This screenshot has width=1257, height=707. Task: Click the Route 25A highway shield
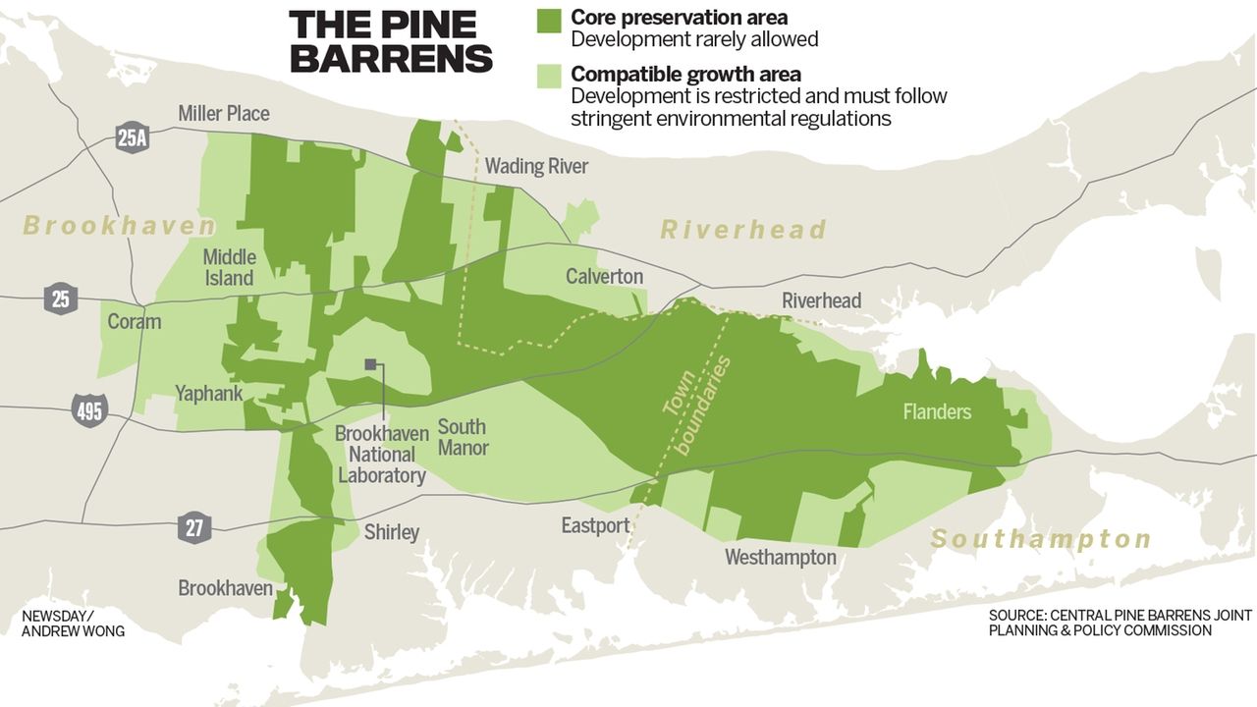tap(132, 138)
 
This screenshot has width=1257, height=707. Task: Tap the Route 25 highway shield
tap(61, 298)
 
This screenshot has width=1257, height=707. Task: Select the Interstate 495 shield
tap(89, 409)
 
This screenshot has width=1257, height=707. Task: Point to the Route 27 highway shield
tap(194, 527)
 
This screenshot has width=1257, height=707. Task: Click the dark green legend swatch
tap(548, 21)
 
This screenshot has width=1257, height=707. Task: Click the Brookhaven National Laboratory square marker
tap(370, 364)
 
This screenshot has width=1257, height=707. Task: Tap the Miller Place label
tap(223, 114)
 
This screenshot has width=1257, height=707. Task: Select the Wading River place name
tap(536, 166)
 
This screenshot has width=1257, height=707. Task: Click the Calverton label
tap(604, 277)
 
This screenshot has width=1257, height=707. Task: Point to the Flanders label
tap(937, 411)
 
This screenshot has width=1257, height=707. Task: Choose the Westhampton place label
tap(780, 558)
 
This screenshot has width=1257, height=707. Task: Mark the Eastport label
tap(595, 526)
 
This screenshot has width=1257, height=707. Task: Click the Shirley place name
tap(391, 532)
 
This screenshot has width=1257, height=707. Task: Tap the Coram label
tap(134, 322)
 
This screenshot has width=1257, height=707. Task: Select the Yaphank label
tap(208, 394)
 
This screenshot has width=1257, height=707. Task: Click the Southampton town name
tap(1041, 539)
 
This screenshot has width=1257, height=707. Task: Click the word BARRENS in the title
tap(391, 59)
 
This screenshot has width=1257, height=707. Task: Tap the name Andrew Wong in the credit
tap(73, 631)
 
